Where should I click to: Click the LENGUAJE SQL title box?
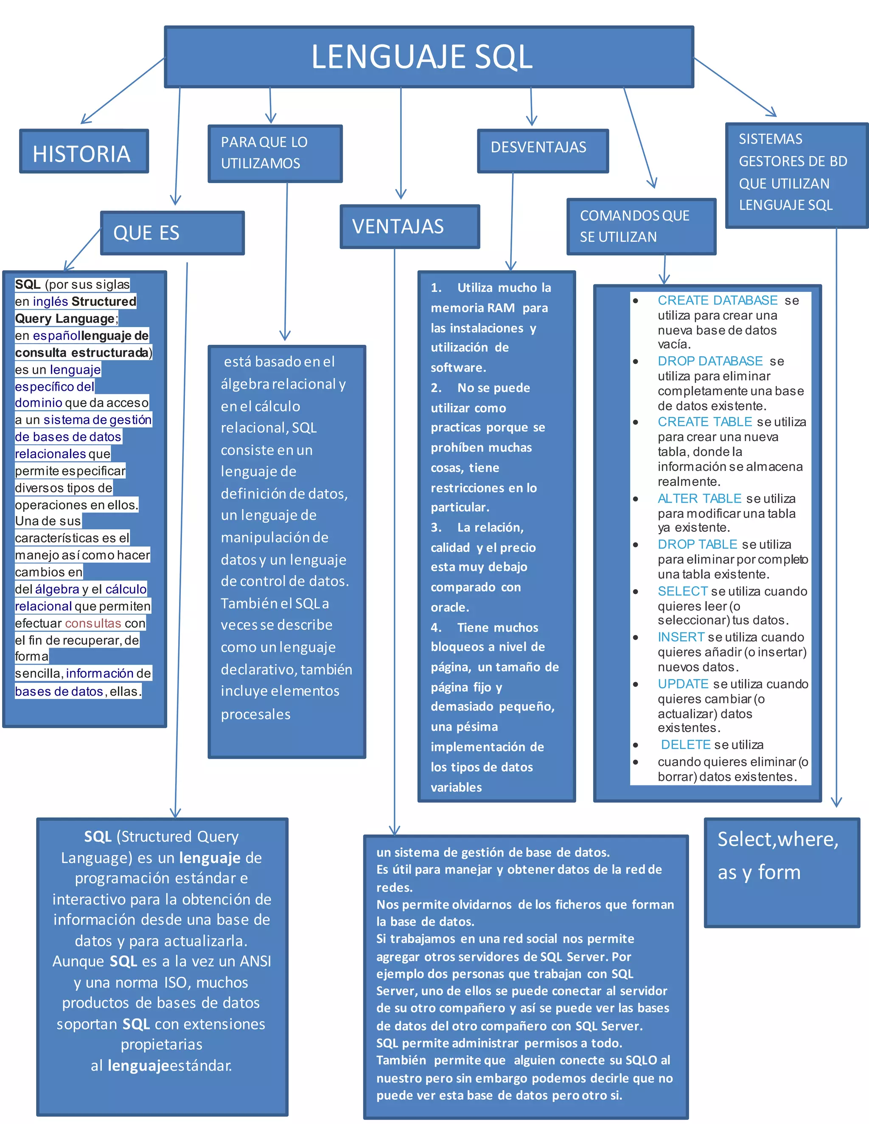point(429,56)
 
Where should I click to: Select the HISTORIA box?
point(84,151)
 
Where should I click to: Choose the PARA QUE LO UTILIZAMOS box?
point(275,154)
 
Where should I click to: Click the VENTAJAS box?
point(409,226)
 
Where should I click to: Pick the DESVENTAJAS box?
point(543,150)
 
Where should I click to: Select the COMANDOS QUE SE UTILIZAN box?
point(641,226)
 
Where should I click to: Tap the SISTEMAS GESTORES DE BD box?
point(796,175)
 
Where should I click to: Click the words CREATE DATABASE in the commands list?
point(717,301)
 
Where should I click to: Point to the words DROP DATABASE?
point(710,361)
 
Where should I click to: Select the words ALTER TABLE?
point(699,499)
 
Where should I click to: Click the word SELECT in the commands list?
point(683,591)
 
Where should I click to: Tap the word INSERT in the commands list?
point(681,637)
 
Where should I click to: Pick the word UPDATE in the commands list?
point(683,684)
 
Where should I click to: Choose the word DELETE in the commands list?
point(685,745)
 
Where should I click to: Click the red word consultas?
point(93,623)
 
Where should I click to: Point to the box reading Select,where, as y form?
point(782,872)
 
